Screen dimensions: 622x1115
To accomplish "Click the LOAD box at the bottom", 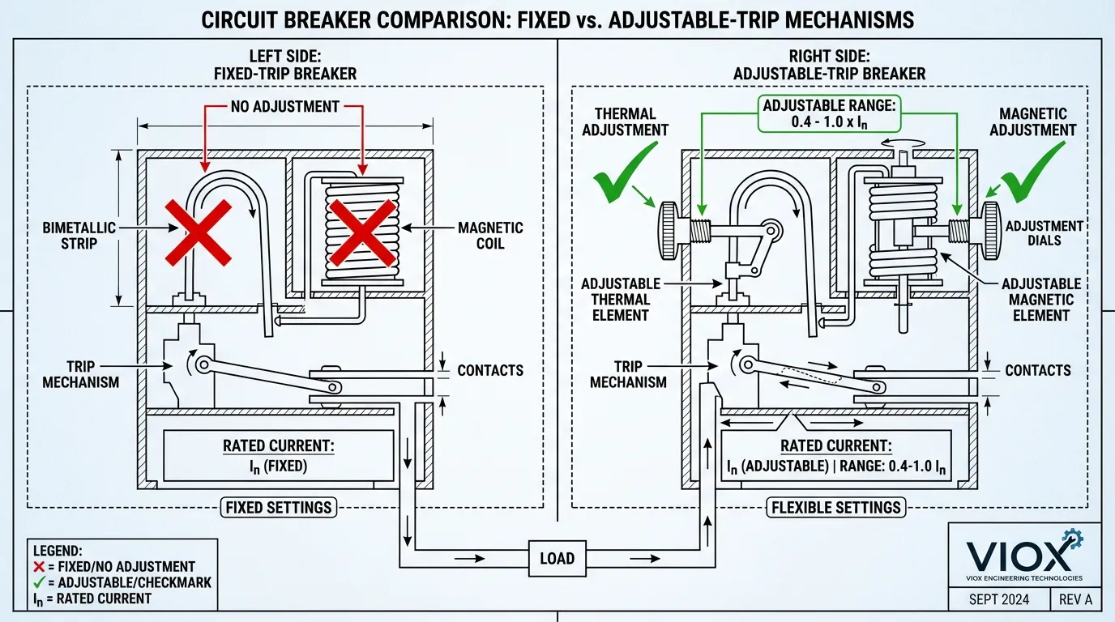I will click(x=557, y=558).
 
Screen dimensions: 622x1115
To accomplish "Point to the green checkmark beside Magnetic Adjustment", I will click(x=1034, y=171).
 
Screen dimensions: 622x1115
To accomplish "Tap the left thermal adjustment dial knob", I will click(x=669, y=230).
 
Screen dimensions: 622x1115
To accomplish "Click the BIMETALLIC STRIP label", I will click(x=79, y=236).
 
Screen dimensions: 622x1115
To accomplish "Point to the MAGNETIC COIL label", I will click(x=490, y=236).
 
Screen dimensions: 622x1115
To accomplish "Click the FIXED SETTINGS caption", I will click(x=277, y=508).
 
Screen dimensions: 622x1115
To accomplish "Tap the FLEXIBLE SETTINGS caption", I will click(x=835, y=508).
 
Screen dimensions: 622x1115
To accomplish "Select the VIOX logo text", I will click(x=1018, y=556).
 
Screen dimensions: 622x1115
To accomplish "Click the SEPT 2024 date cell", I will click(x=1000, y=600).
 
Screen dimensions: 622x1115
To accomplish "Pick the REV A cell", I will click(x=1075, y=600).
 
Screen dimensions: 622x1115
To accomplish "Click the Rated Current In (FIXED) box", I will click(x=277, y=456).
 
